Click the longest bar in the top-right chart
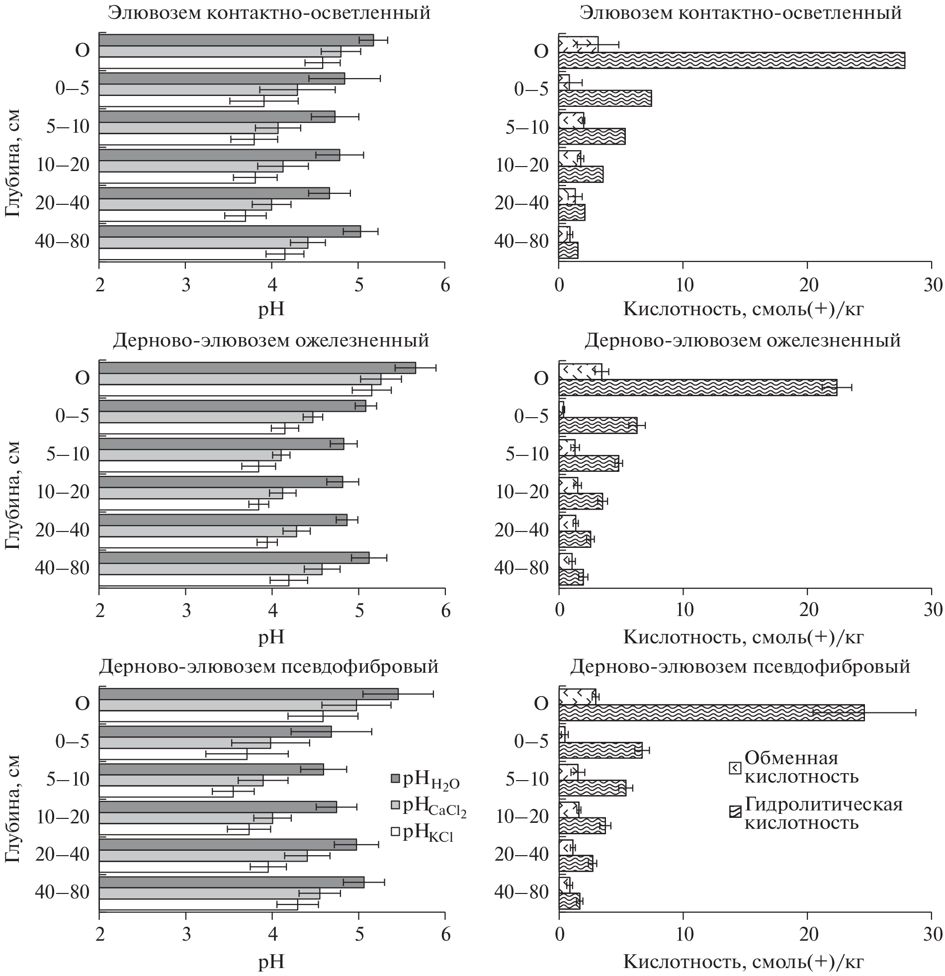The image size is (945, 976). pos(731,60)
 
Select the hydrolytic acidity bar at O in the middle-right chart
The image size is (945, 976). pos(697,387)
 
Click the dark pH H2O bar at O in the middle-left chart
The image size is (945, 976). pos(257,368)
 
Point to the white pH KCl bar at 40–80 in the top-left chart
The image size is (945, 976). pos(192,254)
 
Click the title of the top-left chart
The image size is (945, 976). pos(269,13)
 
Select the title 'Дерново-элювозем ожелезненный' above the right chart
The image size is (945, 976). pos(742,341)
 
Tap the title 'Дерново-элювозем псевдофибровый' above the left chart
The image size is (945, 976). pos(269,666)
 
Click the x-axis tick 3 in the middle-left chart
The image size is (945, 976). pos(186,611)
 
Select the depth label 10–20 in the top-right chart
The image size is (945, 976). pos(521,166)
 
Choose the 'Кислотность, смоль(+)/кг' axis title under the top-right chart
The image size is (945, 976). pos(743,310)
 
